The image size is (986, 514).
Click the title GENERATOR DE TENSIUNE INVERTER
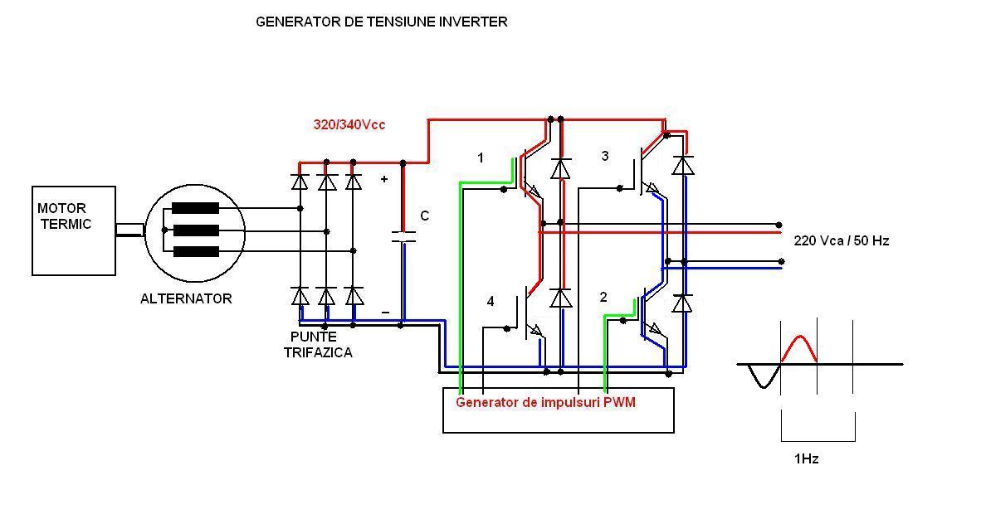(x=381, y=22)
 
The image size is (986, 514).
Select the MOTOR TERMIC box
(x=73, y=230)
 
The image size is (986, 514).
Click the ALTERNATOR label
(x=186, y=298)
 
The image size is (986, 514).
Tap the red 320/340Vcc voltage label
(x=349, y=125)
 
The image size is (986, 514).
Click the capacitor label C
(x=424, y=216)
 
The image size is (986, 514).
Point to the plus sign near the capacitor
(x=384, y=179)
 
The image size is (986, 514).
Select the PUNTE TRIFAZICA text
(x=317, y=345)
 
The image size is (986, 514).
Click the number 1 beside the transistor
(x=481, y=158)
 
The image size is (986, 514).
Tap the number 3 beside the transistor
(x=605, y=156)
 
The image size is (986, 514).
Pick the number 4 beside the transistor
(x=491, y=301)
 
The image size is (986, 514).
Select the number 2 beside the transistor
(x=603, y=297)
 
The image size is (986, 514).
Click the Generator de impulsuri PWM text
(x=545, y=402)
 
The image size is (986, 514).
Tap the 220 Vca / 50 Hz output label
(x=842, y=241)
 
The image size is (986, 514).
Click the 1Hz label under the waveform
(x=805, y=458)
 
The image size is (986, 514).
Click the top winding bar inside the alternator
(x=195, y=208)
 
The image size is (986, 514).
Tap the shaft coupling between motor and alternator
(x=129, y=230)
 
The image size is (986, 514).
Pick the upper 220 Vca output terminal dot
(x=779, y=225)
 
